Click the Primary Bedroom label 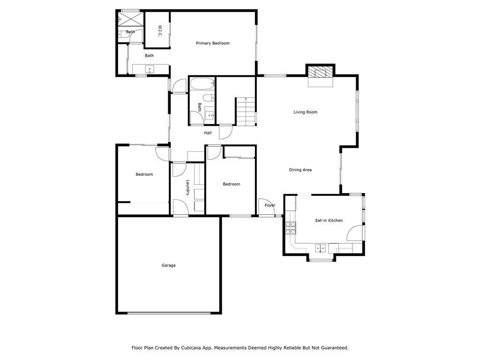point(212,43)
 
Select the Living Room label point(306,112)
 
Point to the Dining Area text point(300,170)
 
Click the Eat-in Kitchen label point(329,220)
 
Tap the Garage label point(168,265)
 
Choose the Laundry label point(187,188)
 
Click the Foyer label point(270,205)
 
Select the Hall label point(208,133)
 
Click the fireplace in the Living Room point(321,73)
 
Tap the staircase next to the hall point(246,112)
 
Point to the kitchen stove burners point(291,227)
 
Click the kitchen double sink point(321,247)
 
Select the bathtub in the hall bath point(201,84)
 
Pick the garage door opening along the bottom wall point(169,313)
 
